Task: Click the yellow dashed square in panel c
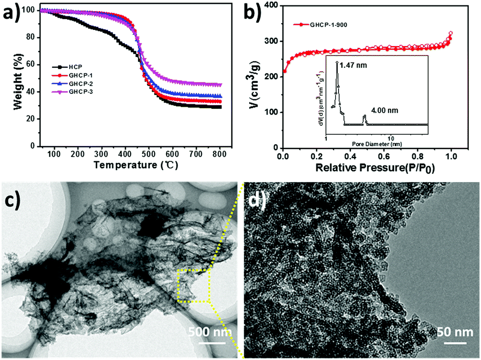[193, 285]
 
